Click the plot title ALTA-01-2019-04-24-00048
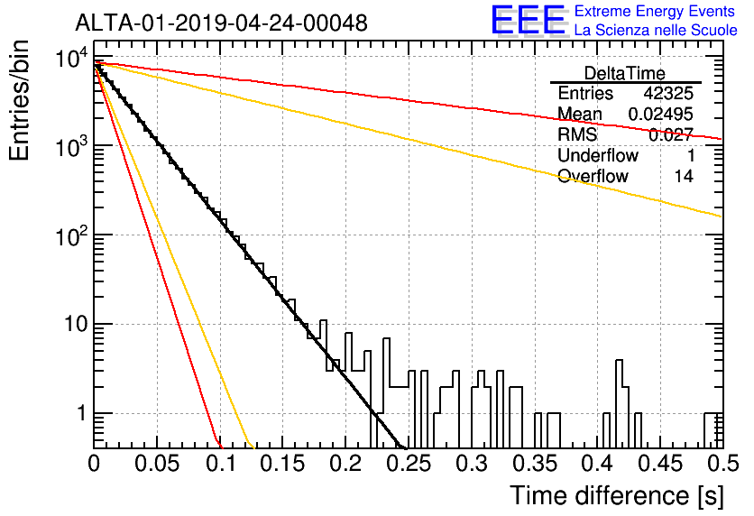[221, 23]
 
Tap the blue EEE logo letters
[528, 20]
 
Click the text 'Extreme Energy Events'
[655, 11]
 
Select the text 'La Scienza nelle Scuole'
[656, 31]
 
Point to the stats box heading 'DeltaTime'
[625, 73]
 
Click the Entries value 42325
[668, 93]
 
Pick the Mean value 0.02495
[661, 114]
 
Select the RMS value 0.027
[671, 134]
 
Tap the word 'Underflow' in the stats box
[598, 155]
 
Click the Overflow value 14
[684, 176]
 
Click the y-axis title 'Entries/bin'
[19, 101]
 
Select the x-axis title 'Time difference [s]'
[617, 496]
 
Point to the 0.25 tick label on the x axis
[409, 464]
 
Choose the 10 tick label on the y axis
[76, 324]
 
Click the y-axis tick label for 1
[81, 413]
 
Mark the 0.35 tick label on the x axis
[535, 464]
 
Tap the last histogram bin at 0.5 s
[713, 413]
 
